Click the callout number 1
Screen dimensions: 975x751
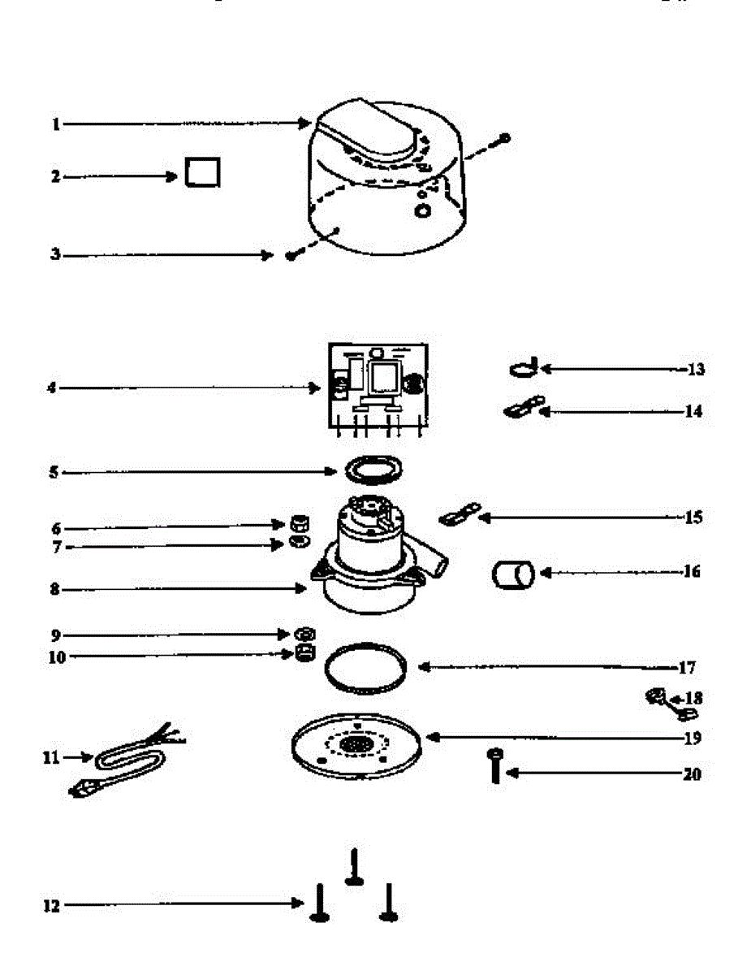[56, 124]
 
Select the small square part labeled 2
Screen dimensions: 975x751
[201, 172]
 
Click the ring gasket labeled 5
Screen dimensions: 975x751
[374, 470]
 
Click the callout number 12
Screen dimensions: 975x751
[51, 906]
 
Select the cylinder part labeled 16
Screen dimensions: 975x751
[512, 574]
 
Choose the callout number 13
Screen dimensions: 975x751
[696, 370]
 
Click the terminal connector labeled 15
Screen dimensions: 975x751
[460, 514]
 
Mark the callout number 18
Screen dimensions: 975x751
[695, 698]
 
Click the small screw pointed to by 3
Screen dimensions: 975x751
[290, 255]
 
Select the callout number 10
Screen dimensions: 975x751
[56, 656]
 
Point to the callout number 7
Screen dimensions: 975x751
[57, 548]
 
